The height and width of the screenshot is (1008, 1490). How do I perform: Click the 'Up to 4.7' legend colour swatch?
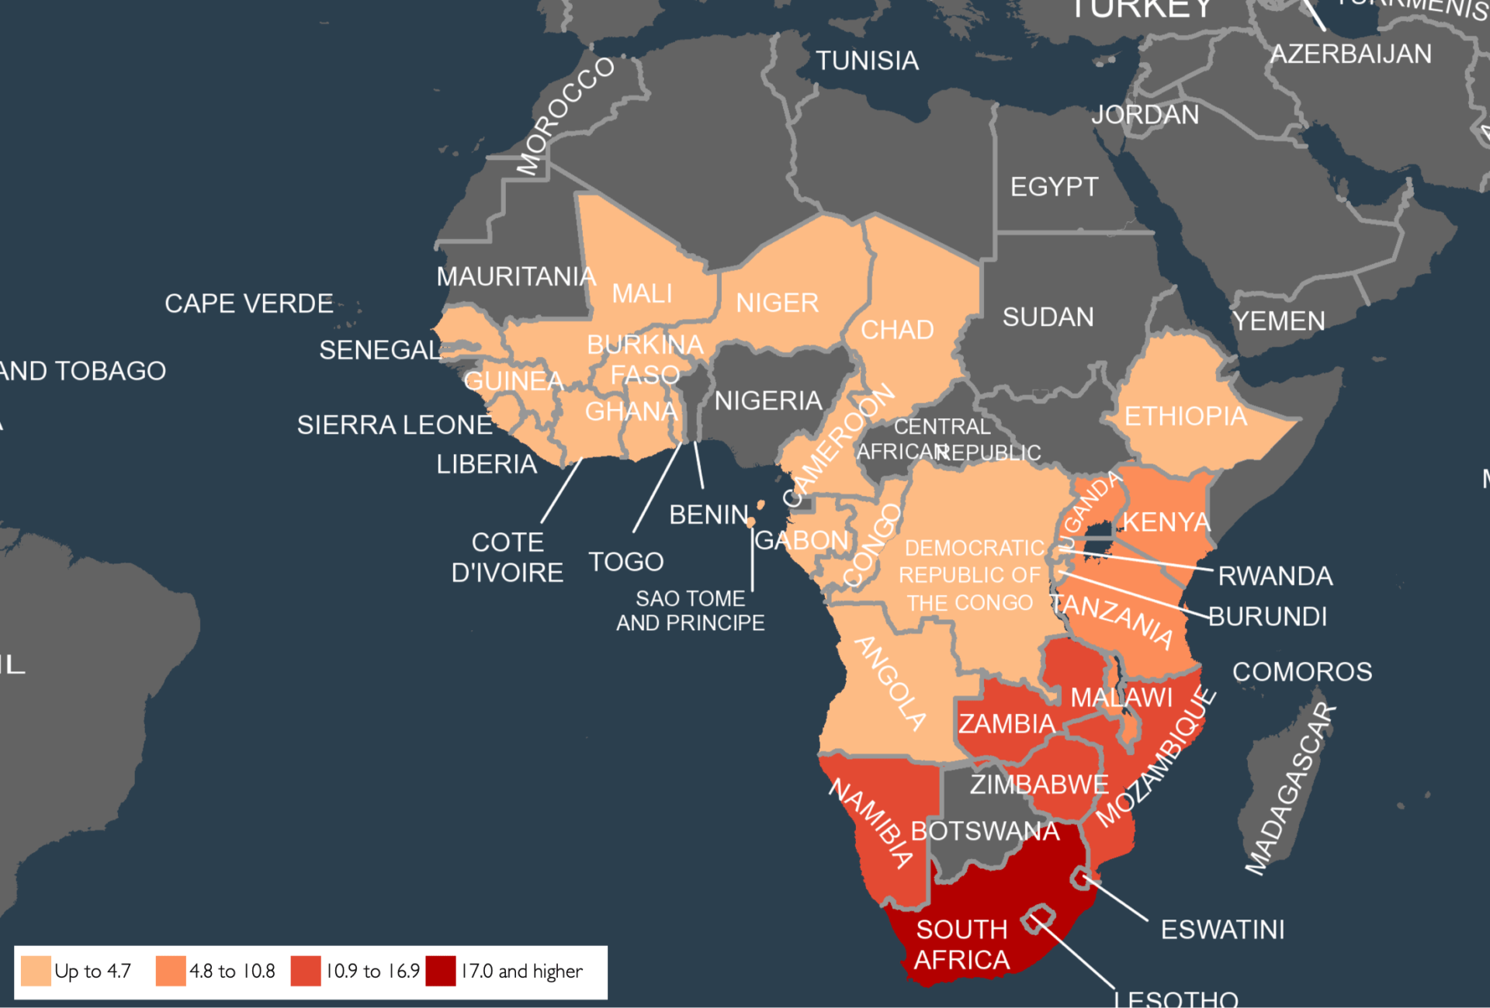click(36, 971)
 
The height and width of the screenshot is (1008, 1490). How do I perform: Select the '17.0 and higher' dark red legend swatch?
click(441, 971)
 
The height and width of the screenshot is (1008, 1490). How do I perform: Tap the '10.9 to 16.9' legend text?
click(372, 971)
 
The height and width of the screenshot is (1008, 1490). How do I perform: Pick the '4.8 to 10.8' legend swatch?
click(171, 971)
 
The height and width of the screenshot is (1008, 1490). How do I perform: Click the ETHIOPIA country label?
click(1185, 417)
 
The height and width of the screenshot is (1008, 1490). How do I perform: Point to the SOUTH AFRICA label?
click(962, 944)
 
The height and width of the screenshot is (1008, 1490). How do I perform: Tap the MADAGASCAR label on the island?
click(1291, 789)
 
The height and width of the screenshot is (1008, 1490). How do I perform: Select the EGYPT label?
click(1054, 187)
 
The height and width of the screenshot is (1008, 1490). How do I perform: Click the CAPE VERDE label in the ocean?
click(249, 303)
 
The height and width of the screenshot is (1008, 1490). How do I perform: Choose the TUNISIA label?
click(867, 61)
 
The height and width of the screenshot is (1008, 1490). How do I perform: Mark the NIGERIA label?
click(768, 401)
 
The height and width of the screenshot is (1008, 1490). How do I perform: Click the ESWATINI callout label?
click(1222, 930)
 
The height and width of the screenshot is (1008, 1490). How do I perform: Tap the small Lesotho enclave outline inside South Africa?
click(1038, 919)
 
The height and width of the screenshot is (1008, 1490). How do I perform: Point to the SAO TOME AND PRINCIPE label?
click(690, 611)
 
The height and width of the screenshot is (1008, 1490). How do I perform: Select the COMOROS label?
click(1302, 672)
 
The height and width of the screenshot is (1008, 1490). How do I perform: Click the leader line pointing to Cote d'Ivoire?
click(562, 490)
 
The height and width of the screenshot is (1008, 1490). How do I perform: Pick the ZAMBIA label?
click(1007, 724)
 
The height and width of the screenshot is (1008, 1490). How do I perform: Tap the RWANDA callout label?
click(1275, 576)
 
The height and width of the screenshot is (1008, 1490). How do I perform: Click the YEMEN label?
click(1279, 321)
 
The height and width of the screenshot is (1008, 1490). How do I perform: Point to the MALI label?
click(642, 294)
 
